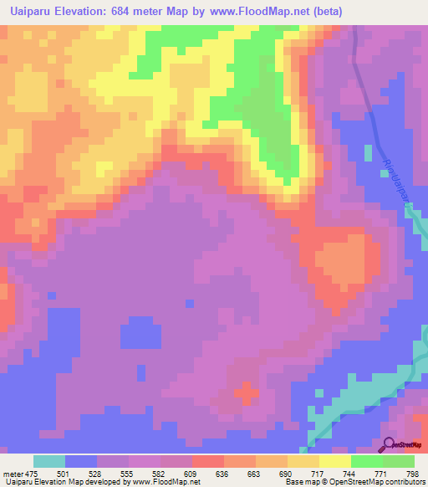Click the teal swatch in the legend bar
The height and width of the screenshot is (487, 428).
click(x=48, y=461)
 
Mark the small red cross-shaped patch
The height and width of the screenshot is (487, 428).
click(x=245, y=392)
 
